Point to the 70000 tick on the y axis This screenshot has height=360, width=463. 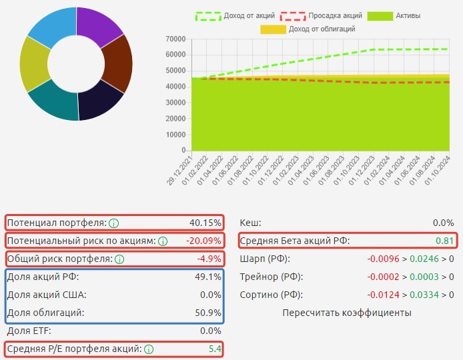[174, 39]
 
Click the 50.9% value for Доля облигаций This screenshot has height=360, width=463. [208, 313]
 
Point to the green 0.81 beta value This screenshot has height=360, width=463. [444, 241]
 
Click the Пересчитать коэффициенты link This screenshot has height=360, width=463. [346, 313]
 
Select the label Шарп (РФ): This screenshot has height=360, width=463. [265, 259]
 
